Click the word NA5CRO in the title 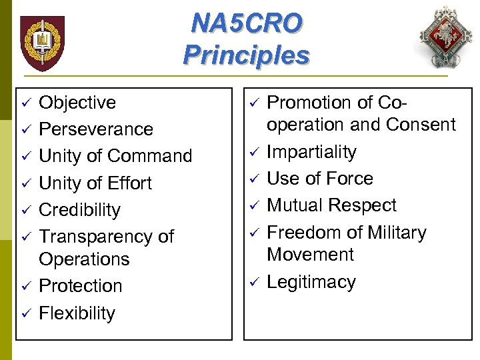[246, 23]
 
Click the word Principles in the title [246, 55]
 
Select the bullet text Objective [77, 103]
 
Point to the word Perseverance [96, 129]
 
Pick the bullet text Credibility [80, 210]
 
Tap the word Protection [81, 286]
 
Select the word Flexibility [77, 313]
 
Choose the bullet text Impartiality [311, 152]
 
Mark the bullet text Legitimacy [311, 282]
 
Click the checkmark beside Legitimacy [253, 283]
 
